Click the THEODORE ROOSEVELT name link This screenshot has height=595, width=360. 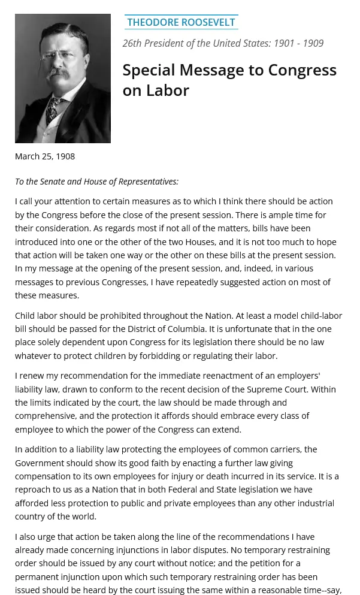click(181, 22)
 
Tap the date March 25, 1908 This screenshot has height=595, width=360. click(45, 156)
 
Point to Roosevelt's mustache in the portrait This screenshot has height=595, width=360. click(59, 73)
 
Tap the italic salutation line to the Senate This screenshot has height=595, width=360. click(96, 182)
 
